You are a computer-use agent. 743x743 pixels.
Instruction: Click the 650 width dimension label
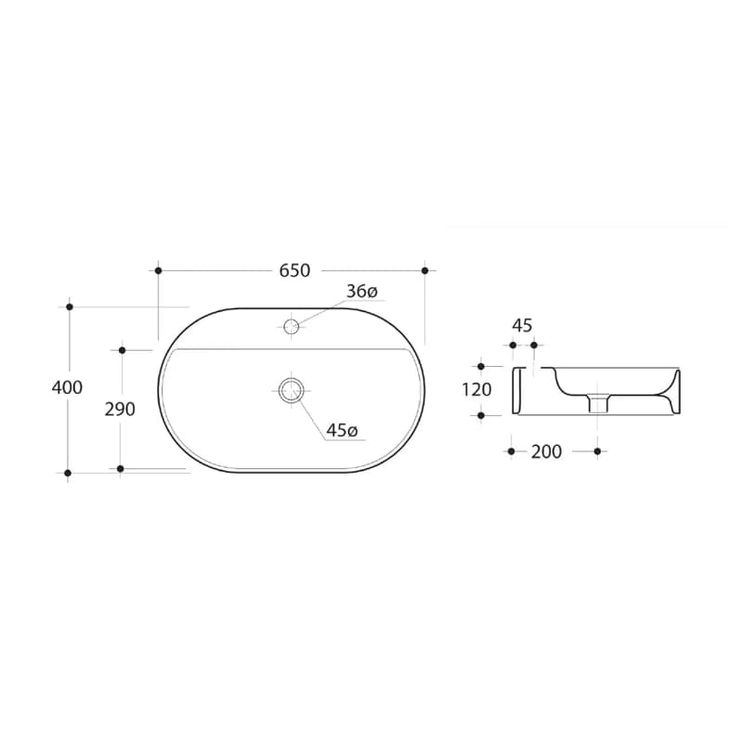294,270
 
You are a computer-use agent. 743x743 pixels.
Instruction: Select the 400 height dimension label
67,387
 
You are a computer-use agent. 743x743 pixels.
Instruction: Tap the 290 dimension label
120,410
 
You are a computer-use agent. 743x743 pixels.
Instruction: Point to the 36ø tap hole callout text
361,291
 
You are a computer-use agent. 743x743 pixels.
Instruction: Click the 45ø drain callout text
342,430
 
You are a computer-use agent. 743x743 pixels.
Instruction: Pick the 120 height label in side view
476,390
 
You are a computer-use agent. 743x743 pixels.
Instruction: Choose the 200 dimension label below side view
546,451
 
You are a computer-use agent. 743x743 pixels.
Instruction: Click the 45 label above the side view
522,326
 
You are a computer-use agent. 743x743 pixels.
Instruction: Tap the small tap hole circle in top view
291,326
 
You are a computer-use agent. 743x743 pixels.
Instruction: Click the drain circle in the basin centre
291,390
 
